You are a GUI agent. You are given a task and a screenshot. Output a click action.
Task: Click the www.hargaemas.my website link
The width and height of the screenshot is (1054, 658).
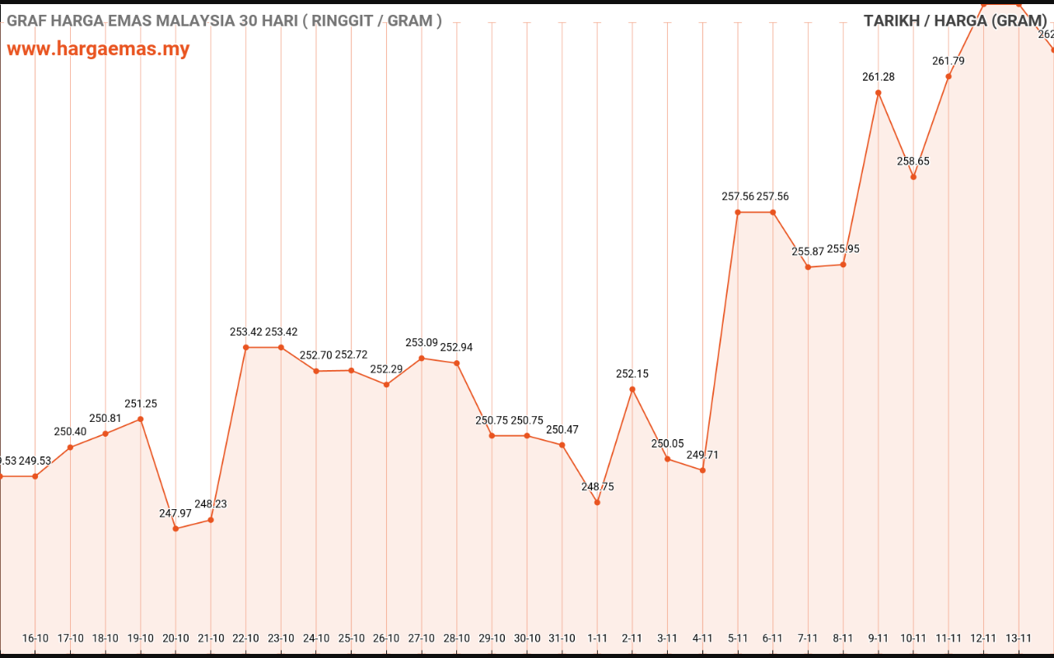point(98,49)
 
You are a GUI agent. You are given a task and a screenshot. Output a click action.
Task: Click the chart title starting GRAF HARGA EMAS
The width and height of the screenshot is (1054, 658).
point(224,21)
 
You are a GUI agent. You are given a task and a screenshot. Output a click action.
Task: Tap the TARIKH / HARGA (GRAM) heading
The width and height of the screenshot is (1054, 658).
point(955,21)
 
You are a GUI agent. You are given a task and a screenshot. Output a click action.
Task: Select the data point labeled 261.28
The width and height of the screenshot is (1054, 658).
point(879,93)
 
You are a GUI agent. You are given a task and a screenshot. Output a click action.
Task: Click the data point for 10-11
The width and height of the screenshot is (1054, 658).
point(913,177)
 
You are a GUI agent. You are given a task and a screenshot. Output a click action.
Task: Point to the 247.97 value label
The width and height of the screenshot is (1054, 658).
point(175,513)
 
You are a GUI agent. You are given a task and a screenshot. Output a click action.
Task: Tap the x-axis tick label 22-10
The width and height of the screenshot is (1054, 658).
point(245,638)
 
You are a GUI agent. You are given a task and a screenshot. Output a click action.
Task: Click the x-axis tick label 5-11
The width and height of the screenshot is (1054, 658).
point(738,638)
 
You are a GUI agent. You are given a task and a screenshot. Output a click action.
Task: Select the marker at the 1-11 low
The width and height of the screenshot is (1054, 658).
point(597,503)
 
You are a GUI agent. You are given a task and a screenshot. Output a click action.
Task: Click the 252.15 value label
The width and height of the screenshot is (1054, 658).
point(632,373)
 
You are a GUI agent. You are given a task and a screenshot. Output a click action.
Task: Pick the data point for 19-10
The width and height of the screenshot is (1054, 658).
point(141,419)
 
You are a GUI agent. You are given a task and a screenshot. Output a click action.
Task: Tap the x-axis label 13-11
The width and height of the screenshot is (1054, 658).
point(1019,638)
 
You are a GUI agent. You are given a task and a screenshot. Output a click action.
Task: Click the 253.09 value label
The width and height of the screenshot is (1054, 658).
point(422,343)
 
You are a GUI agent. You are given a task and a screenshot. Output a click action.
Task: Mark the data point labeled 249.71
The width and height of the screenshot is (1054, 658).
point(702,470)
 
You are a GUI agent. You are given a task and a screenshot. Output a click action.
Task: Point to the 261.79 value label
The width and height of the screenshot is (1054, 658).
point(949,61)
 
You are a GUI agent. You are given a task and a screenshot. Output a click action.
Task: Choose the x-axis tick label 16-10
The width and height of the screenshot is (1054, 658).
point(35,638)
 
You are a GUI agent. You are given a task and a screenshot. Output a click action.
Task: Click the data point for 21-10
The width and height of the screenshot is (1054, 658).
point(211,520)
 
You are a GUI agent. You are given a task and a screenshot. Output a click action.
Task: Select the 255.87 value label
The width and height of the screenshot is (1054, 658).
point(808,252)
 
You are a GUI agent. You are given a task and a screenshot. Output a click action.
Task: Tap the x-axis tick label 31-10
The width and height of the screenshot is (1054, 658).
point(562,638)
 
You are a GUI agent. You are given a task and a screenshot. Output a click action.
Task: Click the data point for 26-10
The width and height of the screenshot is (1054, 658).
point(386,385)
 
